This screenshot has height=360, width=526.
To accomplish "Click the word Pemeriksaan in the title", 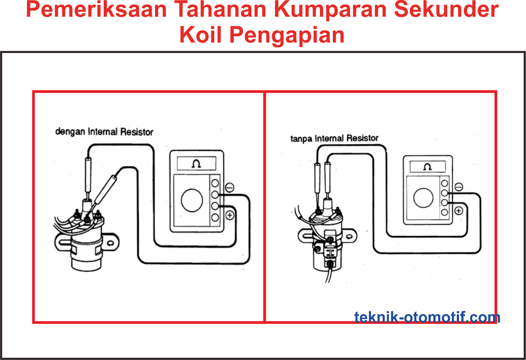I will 96,10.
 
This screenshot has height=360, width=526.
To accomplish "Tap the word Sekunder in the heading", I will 446,10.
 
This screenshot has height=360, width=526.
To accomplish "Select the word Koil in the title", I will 201,35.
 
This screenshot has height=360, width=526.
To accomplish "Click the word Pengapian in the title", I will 287,35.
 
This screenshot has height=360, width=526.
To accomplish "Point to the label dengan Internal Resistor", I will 104,132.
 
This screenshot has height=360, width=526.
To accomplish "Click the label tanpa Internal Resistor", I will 334,138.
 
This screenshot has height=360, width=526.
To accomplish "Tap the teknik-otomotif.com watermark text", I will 427,317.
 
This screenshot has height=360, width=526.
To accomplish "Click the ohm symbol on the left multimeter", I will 196,164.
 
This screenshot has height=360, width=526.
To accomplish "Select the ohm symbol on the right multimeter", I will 427,167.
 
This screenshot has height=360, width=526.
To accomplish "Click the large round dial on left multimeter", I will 192,200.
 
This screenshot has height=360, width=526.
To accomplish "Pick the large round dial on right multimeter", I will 423,198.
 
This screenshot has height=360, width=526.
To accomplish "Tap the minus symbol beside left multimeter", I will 229,188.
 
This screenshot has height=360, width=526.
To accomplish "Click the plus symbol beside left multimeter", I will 230,215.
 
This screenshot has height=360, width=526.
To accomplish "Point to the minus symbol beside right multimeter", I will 459,187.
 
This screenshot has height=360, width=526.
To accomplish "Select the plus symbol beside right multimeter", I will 459,211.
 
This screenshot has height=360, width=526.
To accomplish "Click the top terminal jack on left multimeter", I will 215,183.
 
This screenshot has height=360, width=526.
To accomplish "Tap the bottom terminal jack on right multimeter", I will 444,212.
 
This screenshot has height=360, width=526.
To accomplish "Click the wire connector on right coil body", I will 331,253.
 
